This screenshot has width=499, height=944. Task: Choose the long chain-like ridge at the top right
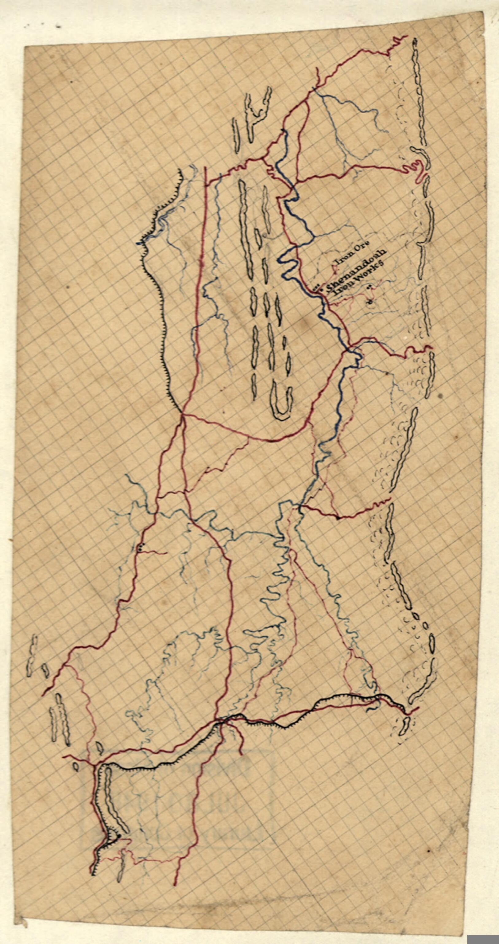(x=419, y=92)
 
